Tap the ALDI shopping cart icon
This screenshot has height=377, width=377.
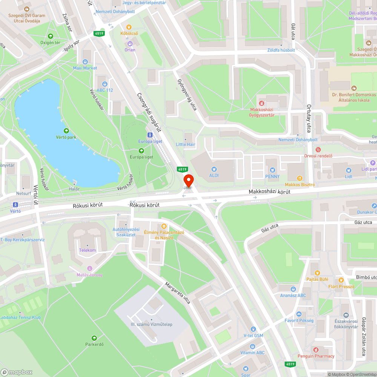click(214, 169)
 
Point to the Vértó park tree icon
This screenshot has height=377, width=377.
click(66, 131)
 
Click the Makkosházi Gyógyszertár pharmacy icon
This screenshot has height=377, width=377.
click(262, 103)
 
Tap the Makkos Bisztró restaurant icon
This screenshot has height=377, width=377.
click(300, 178)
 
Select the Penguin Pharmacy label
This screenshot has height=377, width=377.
click(316, 356)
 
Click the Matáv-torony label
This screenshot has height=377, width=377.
click(89, 275)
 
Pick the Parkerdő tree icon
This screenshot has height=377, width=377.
click(94, 338)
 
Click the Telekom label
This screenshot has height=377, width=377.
click(87, 250)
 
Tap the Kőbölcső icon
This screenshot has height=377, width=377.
click(129, 27)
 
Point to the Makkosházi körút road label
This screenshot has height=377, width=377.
click(269, 192)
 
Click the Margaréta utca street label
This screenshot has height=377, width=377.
click(177, 293)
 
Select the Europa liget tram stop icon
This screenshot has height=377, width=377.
click(150, 135)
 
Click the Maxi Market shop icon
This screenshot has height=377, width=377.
click(85, 62)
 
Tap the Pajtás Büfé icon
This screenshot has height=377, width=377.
click(317, 273)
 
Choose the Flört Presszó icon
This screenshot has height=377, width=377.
click(341, 280)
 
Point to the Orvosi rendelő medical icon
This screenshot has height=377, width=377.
click(318, 150)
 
